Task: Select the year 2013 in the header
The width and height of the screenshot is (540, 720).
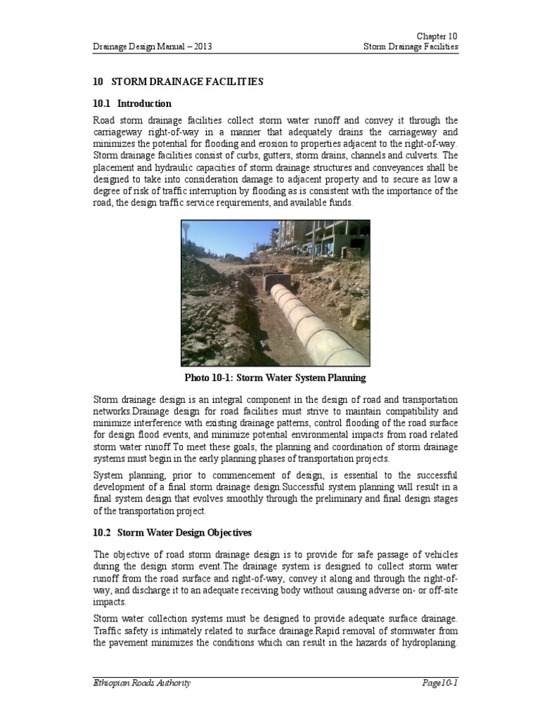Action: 200,47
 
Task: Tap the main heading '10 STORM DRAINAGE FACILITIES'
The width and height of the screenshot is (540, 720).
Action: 178,82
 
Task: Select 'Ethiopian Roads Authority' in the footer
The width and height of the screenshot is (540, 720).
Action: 141,683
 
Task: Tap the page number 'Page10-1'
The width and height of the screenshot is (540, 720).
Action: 440,683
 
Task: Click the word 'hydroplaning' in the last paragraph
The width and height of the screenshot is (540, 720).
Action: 428,643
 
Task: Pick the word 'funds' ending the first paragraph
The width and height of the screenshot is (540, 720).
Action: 340,202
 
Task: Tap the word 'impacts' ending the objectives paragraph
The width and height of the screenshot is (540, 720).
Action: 109,603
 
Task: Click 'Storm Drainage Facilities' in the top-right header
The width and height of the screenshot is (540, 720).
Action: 411,47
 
